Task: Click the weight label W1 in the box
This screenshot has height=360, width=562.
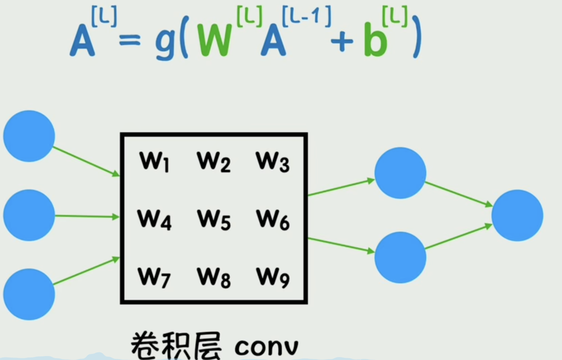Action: (x=154, y=161)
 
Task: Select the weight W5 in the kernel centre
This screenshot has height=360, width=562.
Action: (x=213, y=220)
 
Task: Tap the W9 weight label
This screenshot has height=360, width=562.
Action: (x=273, y=278)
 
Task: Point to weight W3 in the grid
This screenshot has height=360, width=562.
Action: (x=273, y=161)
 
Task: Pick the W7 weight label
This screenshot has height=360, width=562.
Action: (x=154, y=278)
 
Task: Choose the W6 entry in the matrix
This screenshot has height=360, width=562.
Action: (x=273, y=220)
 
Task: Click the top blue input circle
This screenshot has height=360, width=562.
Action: (x=29, y=136)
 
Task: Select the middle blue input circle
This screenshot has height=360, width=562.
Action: (x=29, y=215)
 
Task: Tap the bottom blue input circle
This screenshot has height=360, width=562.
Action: (x=29, y=294)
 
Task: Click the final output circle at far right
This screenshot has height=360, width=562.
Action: (x=517, y=216)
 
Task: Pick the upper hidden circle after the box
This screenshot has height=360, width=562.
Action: (x=400, y=173)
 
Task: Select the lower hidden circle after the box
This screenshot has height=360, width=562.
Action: (x=400, y=257)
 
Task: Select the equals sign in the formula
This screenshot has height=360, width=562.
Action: (x=130, y=41)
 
